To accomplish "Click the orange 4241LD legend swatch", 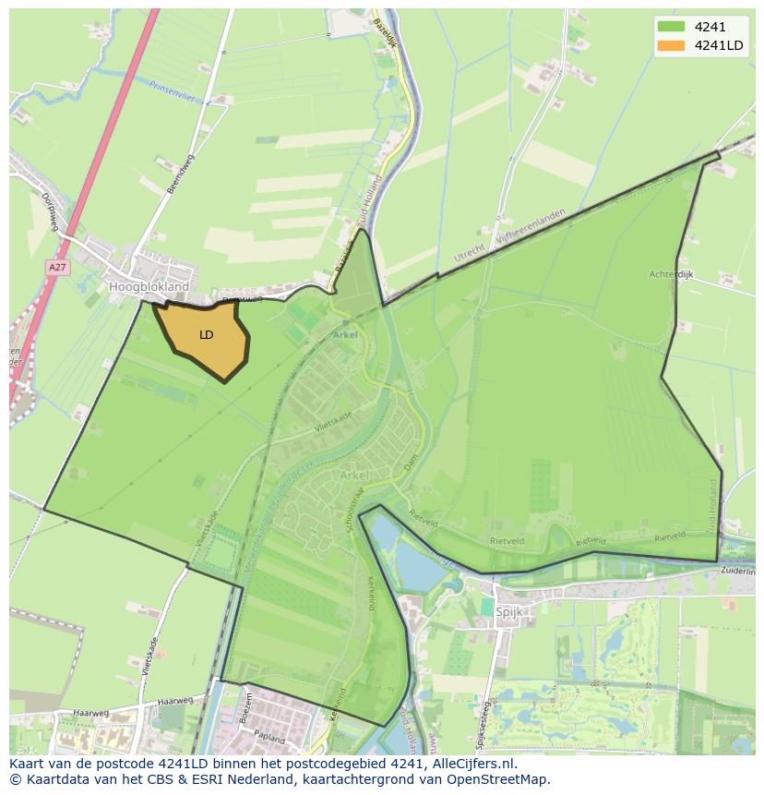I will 671,45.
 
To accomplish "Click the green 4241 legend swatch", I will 671,27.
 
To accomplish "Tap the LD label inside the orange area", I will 206,334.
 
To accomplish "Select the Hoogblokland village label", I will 149,287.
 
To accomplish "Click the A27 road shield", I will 58,267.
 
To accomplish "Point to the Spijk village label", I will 509,611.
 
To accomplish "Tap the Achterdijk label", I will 671,274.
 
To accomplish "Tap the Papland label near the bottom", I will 270,737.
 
